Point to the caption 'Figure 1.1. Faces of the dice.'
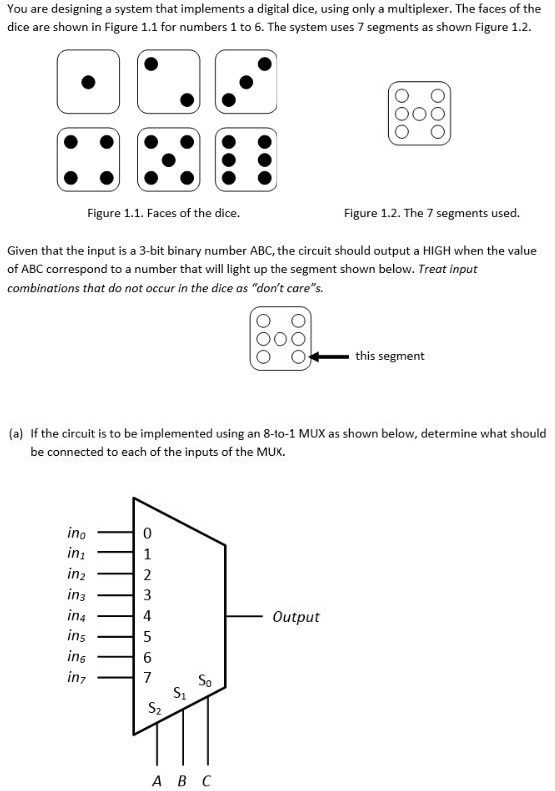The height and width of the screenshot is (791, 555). (163, 212)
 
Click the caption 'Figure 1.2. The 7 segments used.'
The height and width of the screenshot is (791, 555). (431, 212)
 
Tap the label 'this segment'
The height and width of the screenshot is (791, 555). (389, 355)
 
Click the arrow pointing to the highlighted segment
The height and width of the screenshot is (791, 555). (329, 356)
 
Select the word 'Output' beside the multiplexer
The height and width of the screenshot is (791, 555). (295, 616)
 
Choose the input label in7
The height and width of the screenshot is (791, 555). (76, 678)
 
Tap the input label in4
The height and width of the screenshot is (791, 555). (76, 615)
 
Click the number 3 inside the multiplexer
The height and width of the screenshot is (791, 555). (147, 595)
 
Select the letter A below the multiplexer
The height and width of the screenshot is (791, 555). (158, 779)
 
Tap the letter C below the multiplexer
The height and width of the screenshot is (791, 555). (207, 779)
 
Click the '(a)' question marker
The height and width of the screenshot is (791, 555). (16, 434)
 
